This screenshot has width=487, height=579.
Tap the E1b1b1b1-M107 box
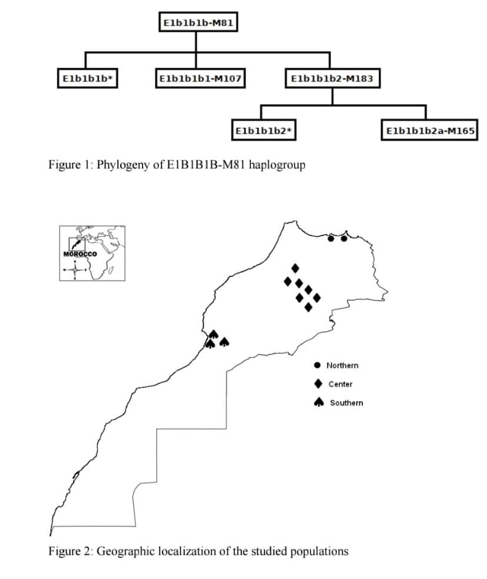point(201,78)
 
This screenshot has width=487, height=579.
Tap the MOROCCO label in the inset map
point(79,254)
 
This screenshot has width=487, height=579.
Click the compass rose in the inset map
point(75,270)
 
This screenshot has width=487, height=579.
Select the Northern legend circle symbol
point(317,365)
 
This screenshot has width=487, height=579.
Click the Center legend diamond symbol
point(318,384)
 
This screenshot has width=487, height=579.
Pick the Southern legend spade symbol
point(318,402)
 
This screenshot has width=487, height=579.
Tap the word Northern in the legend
point(342,365)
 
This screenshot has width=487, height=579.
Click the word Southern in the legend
point(346,403)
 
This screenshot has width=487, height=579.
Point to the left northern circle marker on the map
point(331,239)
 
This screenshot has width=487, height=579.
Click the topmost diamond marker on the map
point(295,268)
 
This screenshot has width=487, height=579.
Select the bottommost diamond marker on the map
point(308,307)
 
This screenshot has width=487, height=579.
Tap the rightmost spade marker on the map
point(224,341)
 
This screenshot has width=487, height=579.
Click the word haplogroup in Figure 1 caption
point(277,164)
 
